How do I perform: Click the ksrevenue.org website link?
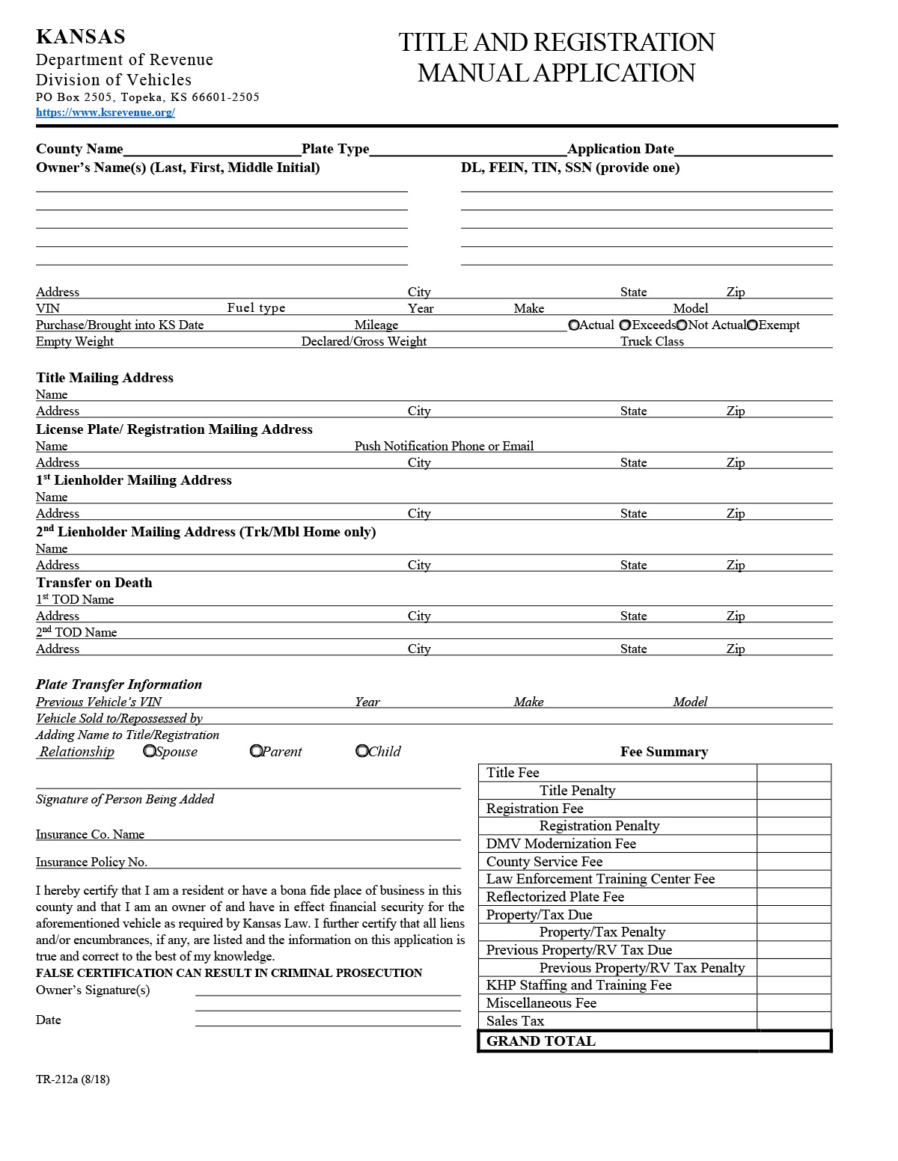point(106,113)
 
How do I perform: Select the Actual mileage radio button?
point(574,325)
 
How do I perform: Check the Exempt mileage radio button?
point(753,325)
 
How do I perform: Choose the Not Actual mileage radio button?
point(682,325)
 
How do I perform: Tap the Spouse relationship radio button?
point(150,750)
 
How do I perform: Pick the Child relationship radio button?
point(362,750)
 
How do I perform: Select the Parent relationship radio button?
point(256,750)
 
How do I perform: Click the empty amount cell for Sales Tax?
point(793,1021)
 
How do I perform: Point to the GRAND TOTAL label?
point(540,1041)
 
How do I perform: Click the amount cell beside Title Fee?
point(793,773)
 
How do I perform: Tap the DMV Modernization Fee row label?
point(561,844)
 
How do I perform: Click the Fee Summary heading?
point(664,752)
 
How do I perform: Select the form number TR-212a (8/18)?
point(73,1079)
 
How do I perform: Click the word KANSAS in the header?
point(81,37)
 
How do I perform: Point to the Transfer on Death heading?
point(94,583)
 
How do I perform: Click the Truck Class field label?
point(652,342)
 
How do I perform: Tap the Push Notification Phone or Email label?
point(444,447)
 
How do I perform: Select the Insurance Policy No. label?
point(91,863)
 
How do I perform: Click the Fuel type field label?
point(256,308)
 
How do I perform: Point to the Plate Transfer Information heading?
point(119,684)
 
